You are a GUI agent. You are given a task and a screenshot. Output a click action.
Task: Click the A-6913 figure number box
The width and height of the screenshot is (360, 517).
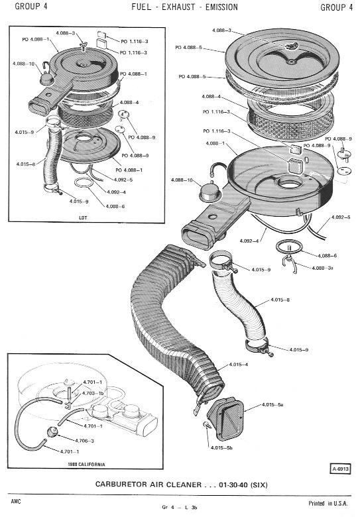click(x=340, y=469)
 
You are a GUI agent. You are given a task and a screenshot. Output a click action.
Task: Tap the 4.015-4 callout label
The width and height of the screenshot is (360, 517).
click(x=239, y=365)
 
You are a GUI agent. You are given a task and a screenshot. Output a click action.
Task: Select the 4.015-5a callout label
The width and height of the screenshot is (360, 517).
click(x=272, y=404)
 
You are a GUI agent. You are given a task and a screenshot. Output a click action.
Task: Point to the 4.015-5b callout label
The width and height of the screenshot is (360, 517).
click(x=221, y=448)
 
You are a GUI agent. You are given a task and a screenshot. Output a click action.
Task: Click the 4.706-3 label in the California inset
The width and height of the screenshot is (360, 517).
click(x=84, y=441)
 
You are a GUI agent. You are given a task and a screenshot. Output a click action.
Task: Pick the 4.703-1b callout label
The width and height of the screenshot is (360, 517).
click(x=93, y=393)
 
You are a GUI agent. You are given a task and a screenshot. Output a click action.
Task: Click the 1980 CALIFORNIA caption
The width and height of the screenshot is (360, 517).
click(x=87, y=464)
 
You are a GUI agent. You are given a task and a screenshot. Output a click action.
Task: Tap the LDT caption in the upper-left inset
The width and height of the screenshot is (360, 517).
click(x=83, y=217)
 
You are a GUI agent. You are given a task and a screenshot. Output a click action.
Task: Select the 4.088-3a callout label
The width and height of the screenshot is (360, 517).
click(x=322, y=268)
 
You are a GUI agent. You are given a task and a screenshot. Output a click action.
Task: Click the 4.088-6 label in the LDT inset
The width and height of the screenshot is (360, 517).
click(x=115, y=206)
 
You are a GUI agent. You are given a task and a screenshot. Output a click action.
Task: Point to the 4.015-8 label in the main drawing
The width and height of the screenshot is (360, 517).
click(x=280, y=300)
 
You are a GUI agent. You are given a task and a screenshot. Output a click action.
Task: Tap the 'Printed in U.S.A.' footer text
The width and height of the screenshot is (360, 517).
click(x=328, y=503)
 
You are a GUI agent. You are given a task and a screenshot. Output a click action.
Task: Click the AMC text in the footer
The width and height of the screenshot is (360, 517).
click(x=15, y=501)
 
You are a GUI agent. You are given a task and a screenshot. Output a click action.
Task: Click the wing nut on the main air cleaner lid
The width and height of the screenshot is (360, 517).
click(x=292, y=46)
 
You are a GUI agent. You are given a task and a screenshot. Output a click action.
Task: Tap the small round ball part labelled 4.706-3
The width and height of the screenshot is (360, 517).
click(x=52, y=431)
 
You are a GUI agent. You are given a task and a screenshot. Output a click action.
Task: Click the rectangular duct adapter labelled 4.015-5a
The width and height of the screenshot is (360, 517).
click(x=226, y=418)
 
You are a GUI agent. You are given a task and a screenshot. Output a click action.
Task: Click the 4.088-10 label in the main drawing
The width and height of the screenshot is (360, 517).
click(x=182, y=180)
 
